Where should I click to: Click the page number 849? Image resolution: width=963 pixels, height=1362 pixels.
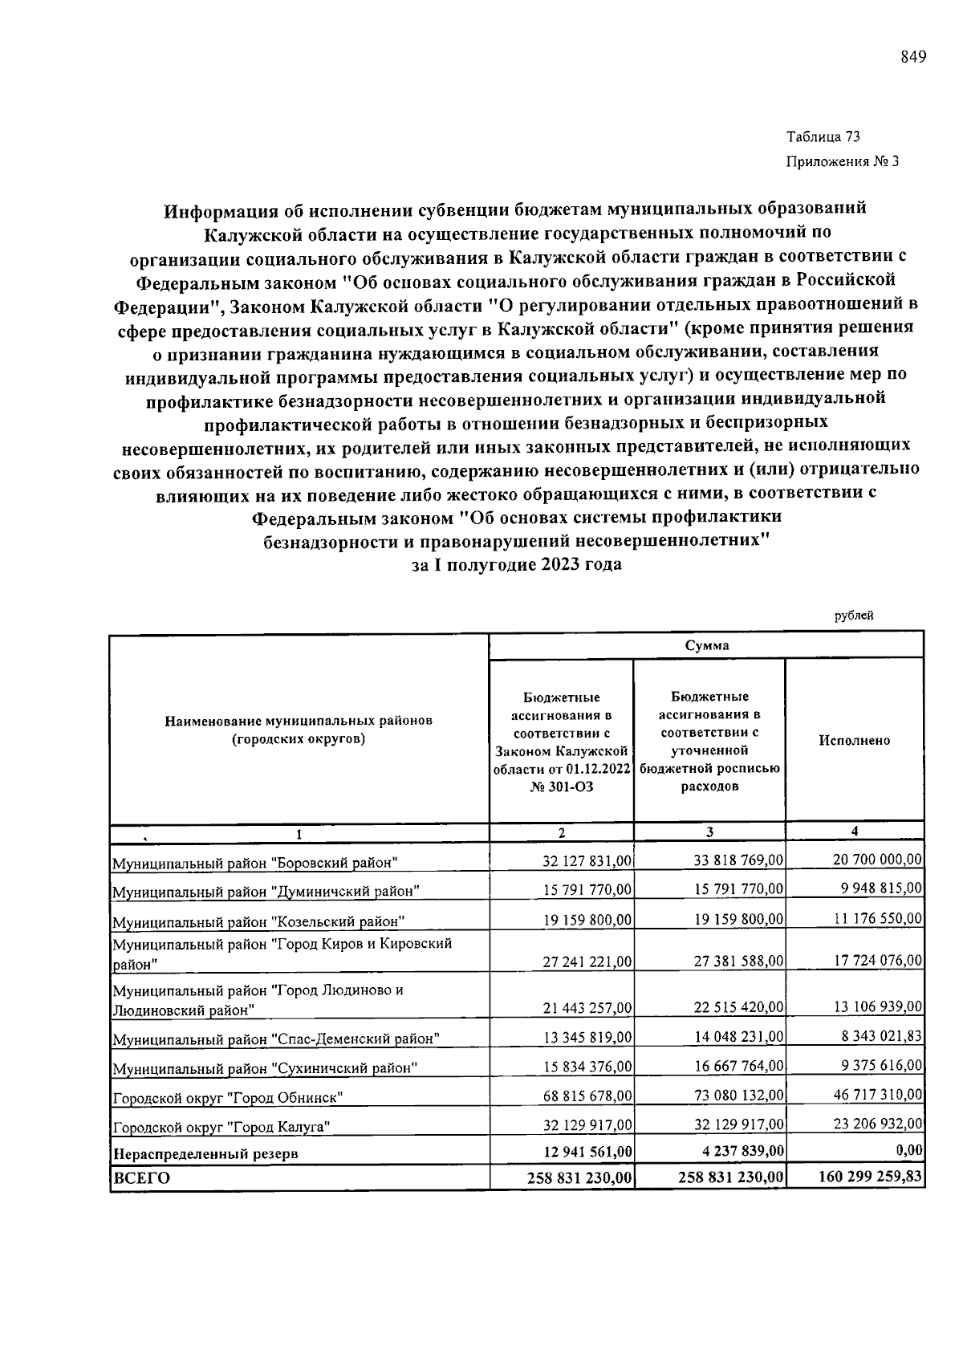[913, 57]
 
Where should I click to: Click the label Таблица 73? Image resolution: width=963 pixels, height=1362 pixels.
[823, 137]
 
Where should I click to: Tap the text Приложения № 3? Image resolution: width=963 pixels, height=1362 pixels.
[842, 161]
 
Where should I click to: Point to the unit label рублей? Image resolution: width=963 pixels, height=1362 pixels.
[854, 616]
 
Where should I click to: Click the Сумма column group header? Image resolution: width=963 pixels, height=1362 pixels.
[707, 645]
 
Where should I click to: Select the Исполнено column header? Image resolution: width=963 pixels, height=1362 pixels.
[854, 740]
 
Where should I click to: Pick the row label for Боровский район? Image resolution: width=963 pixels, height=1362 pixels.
[255, 863]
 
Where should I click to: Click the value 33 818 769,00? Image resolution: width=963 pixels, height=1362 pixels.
[738, 860]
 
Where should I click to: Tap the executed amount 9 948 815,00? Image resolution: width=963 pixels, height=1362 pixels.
[878, 888]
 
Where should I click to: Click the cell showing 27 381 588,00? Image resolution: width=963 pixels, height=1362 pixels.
[738, 961]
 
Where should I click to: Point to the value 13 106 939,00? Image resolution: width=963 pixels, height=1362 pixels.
[878, 1006]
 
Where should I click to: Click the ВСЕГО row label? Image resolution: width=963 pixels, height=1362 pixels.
[141, 1178]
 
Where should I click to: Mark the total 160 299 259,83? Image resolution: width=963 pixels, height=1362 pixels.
[870, 1177]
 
